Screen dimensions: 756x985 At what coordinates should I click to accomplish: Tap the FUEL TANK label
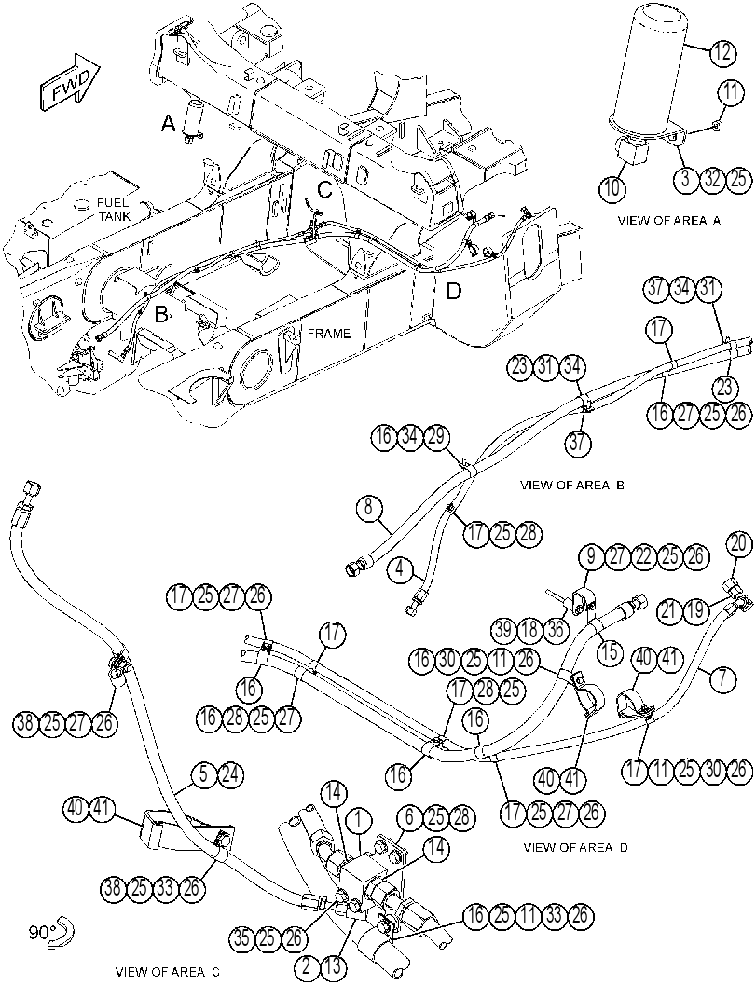(113, 210)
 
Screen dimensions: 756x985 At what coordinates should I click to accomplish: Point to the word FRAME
(329, 334)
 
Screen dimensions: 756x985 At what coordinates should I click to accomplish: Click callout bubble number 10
(612, 186)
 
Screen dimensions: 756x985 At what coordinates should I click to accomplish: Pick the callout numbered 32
(712, 178)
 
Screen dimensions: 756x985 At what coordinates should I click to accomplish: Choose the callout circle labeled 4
(401, 570)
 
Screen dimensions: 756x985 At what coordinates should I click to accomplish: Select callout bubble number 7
(726, 677)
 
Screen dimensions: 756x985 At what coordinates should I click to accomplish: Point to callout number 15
(609, 651)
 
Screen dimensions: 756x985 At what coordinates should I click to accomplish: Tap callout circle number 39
(503, 629)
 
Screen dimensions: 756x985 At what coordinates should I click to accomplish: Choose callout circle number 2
(307, 964)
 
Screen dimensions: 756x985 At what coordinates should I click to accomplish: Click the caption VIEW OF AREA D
(575, 847)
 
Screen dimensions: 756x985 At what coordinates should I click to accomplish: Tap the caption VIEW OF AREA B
(571, 485)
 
